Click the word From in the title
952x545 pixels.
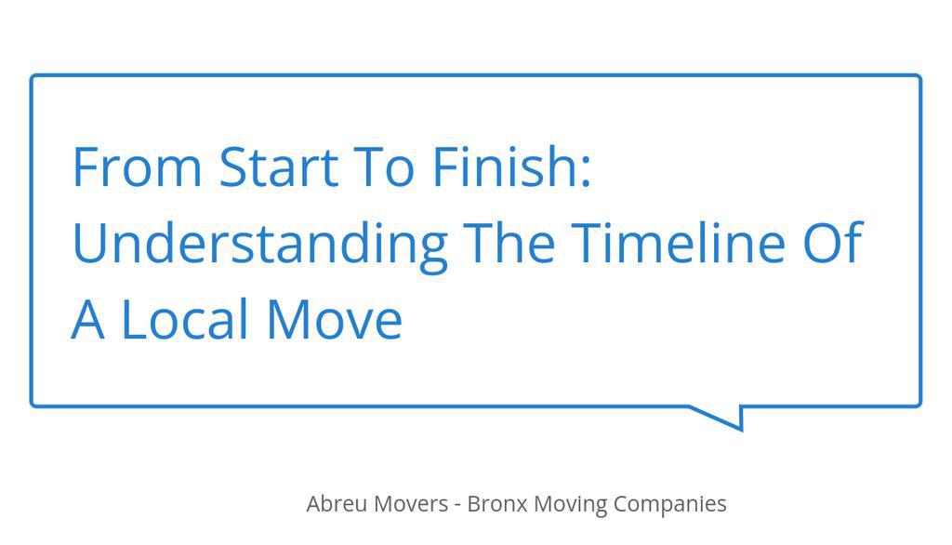137,167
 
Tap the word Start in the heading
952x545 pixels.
279,167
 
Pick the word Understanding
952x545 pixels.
259,244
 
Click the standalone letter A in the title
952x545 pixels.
87,319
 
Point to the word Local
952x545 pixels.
186,319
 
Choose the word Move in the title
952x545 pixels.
334,319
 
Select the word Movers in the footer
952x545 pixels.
411,504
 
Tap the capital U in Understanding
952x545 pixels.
88,243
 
